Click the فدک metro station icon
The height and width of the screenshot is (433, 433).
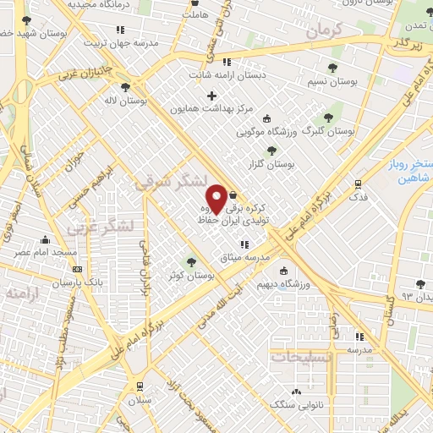[359, 184]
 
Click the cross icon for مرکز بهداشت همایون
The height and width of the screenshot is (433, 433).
[211, 96]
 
